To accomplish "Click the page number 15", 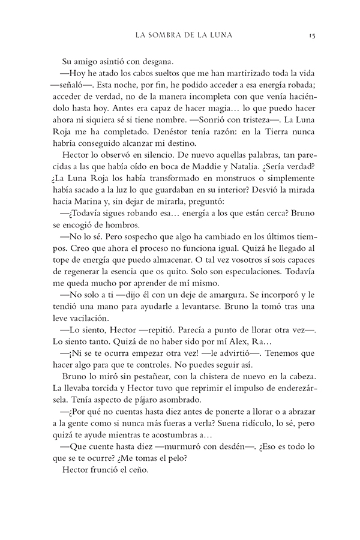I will (x=305, y=35).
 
